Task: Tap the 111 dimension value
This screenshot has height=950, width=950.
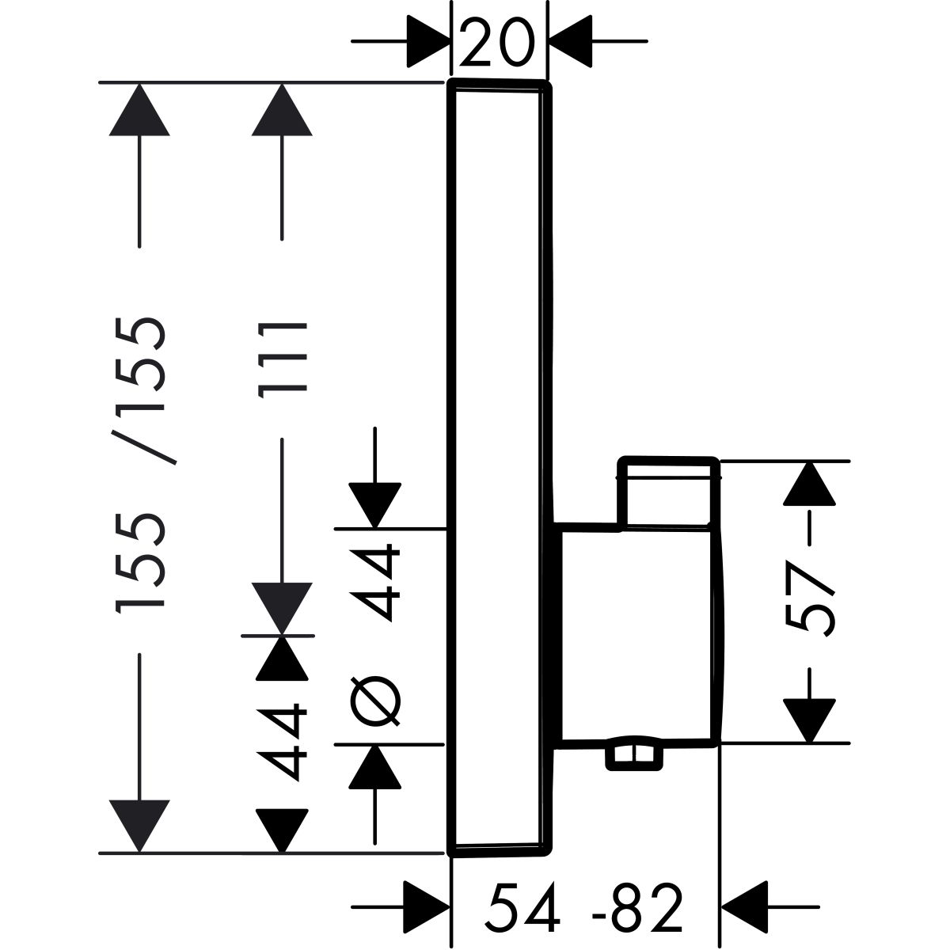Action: pyautogui.click(x=282, y=358)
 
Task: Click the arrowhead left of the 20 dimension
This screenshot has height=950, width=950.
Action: pyautogui.click(x=428, y=41)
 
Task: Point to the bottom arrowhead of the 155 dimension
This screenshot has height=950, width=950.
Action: pyautogui.click(x=140, y=826)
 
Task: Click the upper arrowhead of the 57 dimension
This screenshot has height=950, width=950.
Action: pyautogui.click(x=811, y=483)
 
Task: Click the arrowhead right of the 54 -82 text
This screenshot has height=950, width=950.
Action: pyautogui.click(x=744, y=906)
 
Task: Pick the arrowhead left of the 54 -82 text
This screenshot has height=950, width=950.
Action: pyautogui.click(x=427, y=906)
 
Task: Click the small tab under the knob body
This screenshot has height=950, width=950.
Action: pyautogui.click(x=633, y=756)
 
